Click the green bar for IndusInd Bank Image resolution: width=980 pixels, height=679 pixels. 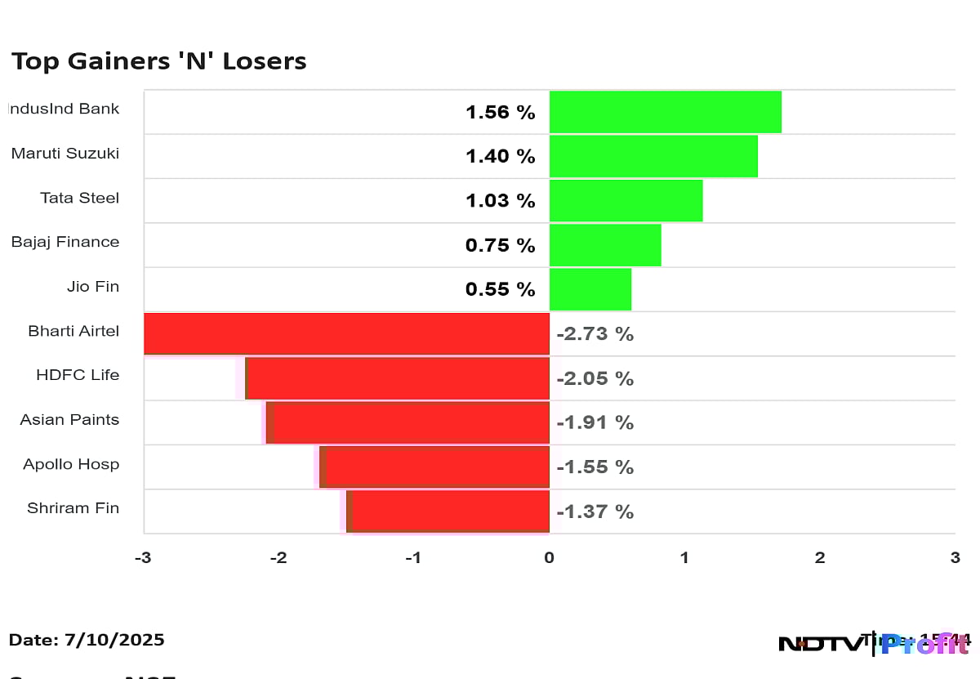tap(665, 112)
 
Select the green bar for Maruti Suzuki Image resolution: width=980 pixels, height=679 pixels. tap(653, 156)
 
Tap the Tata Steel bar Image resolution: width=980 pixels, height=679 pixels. tap(626, 201)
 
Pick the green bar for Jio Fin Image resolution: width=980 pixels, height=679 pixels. tap(590, 289)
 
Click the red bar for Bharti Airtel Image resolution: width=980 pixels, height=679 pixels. tap(346, 333)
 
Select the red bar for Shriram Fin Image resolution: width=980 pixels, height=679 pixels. tap(448, 511)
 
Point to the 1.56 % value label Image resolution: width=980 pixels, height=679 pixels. tap(500, 113)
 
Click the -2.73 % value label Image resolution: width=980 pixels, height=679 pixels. tap(595, 334)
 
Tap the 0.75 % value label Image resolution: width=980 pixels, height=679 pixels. tap(500, 245)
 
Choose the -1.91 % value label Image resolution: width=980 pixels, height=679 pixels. tap(595, 422)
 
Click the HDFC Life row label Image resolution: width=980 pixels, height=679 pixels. tap(78, 375)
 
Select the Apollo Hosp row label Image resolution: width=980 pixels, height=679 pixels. tap(71, 464)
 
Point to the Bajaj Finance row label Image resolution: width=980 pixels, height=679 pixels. tap(65, 242)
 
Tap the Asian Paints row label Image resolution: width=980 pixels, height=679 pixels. tap(69, 420)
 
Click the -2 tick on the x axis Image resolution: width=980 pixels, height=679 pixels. tap(278, 558)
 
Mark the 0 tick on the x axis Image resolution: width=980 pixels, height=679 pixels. tap(549, 558)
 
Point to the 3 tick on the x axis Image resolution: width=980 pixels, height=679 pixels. tap(954, 558)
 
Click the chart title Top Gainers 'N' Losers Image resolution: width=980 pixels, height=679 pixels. tap(158, 61)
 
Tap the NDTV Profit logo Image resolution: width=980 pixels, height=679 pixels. tap(874, 643)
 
